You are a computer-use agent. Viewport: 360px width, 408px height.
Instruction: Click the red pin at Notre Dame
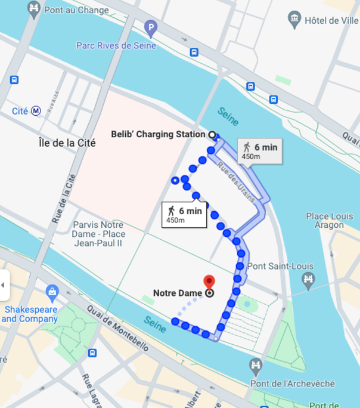pyautogui.click(x=209, y=282)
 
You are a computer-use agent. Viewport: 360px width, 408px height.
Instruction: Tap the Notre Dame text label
pyautogui.click(x=178, y=293)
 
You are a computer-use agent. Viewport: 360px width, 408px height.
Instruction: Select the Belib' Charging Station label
pyautogui.click(x=158, y=134)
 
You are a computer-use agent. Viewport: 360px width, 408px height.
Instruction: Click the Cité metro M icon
pyautogui.click(x=36, y=110)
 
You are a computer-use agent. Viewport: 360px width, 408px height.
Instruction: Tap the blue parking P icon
pyautogui.click(x=151, y=27)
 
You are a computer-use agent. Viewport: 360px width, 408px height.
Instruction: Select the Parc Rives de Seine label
pyautogui.click(x=116, y=45)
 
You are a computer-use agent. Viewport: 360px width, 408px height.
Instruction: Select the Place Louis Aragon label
pyautogui.click(x=325, y=220)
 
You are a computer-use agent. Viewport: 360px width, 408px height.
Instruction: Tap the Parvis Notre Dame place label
pyautogui.click(x=98, y=234)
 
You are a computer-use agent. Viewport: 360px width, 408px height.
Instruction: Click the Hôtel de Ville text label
pyautogui.click(x=330, y=20)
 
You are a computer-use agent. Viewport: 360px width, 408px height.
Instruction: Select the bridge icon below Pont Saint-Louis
pyautogui.click(x=308, y=279)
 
